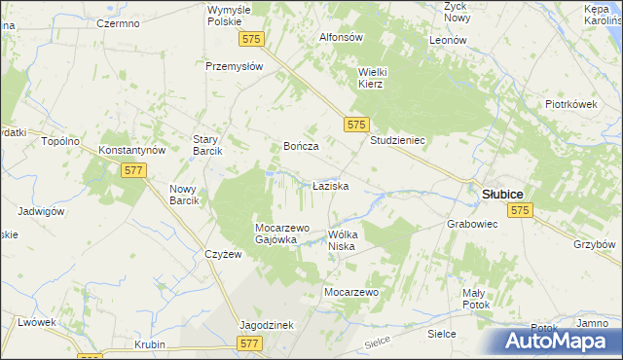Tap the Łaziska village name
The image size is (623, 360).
point(330,184)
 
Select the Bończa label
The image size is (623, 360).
point(301,145)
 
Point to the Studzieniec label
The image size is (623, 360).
point(398,140)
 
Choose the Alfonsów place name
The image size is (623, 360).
point(342,37)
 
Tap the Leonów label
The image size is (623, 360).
point(449,41)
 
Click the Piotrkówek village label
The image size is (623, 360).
point(570,104)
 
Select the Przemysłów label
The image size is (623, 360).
point(235,66)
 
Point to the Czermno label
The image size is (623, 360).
point(120,23)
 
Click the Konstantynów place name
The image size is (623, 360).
point(134,151)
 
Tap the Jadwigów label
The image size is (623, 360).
point(40,210)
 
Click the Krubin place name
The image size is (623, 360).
point(150,344)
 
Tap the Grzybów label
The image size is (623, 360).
point(594,244)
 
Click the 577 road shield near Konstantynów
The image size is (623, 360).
point(134,170)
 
